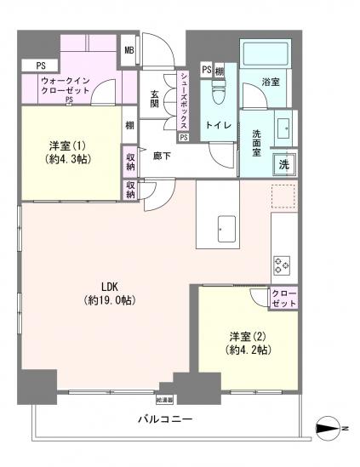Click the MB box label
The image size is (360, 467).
point(129,49)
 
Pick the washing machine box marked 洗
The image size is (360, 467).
point(284,164)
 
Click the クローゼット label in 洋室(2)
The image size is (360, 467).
point(283,298)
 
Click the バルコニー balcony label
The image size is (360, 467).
point(165,419)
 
